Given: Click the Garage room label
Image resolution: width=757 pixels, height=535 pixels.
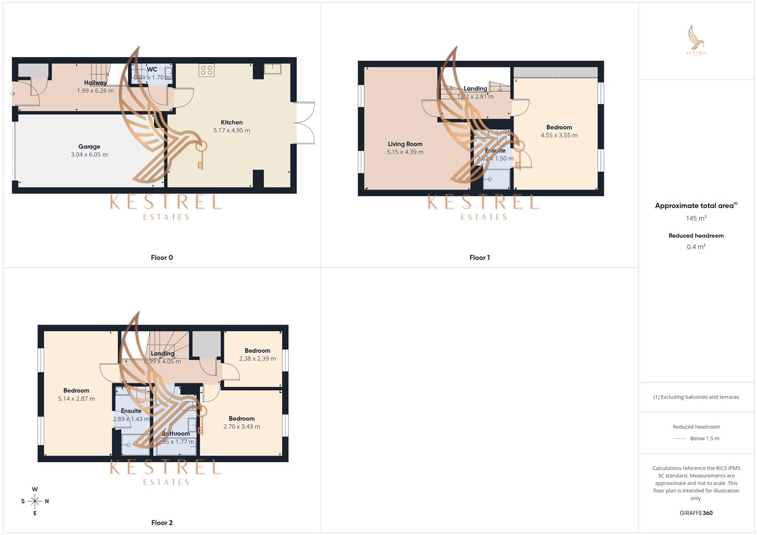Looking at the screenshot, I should click(x=89, y=147).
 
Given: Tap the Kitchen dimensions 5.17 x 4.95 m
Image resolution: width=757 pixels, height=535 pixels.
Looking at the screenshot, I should click(x=232, y=131).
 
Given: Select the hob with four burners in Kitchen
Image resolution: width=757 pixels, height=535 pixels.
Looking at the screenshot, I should click(x=207, y=70).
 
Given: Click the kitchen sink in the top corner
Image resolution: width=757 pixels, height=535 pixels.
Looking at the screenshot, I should click(x=272, y=69).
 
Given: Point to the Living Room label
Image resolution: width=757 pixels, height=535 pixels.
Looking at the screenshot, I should click(x=405, y=144).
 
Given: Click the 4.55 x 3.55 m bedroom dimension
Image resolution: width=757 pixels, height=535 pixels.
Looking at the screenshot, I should click(x=559, y=135).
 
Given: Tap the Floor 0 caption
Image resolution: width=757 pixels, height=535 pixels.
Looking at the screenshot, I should click(x=162, y=258).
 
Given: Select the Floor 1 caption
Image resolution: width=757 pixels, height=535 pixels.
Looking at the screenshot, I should click(x=479, y=258).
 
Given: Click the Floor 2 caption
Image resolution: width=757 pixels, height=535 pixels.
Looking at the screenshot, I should click(x=162, y=523).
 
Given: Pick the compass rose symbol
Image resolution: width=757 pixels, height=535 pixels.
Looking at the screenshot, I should click(x=35, y=501).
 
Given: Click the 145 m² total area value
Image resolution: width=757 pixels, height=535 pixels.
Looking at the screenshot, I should click(x=696, y=218).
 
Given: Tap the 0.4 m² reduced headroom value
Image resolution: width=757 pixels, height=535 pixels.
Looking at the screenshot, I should click(x=696, y=247).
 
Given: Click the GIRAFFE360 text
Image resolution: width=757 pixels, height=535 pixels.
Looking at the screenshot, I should click(x=696, y=513).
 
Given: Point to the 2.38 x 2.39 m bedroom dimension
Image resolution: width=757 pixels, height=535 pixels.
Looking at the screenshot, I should click(x=257, y=359).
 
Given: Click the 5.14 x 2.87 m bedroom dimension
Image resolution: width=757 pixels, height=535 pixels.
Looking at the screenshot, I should click(x=76, y=399).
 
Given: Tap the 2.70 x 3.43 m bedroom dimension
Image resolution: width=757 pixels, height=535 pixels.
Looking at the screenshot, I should click(x=241, y=427).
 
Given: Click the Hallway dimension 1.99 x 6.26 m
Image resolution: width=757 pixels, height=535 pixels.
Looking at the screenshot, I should click(x=95, y=91).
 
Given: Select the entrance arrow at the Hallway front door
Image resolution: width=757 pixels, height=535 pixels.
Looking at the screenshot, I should click(x=12, y=94).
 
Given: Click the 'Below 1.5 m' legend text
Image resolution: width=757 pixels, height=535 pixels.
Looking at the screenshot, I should click(x=704, y=438).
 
